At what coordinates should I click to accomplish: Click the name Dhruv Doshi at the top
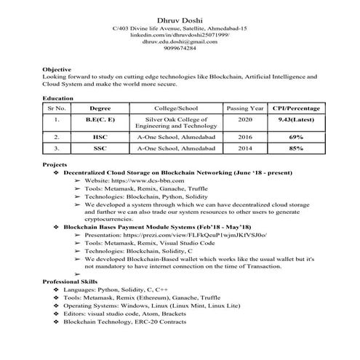(180, 17)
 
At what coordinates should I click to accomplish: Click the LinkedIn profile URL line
(180, 35)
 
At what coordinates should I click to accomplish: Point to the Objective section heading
(57, 68)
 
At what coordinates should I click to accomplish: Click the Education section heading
(58, 97)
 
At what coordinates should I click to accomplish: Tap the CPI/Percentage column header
(295, 108)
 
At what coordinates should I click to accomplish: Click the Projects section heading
(56, 166)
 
